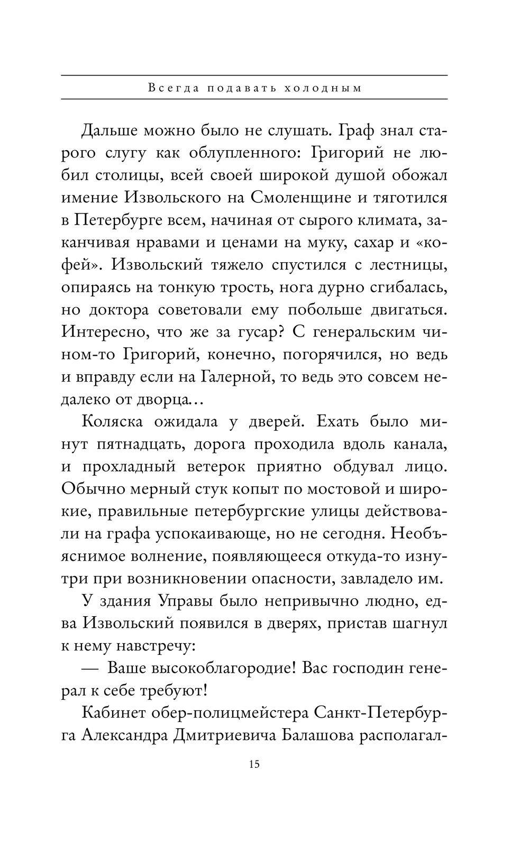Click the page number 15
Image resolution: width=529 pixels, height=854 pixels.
pos(254,764)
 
